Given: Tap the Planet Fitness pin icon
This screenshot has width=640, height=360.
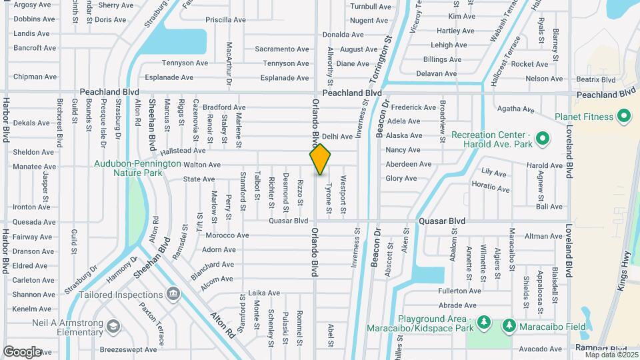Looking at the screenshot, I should coord(625,117).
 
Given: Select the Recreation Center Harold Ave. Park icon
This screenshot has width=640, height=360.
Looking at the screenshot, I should coord(543,140).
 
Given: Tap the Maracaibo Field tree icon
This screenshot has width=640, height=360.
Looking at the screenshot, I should coord(509,326).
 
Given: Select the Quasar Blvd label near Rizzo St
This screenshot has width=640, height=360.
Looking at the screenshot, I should coord(288,221).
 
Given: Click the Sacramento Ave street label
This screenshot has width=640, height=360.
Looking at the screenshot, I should coord(282,49).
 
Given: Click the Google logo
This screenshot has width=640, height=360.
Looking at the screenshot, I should coord(22,351).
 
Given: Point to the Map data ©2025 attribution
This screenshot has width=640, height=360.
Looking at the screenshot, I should coord(611,355).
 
